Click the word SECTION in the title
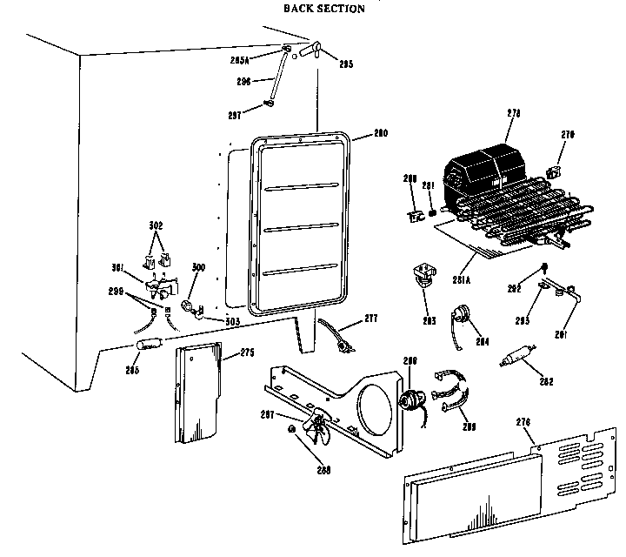point(338,9)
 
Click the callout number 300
point(198,266)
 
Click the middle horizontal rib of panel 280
point(302,229)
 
